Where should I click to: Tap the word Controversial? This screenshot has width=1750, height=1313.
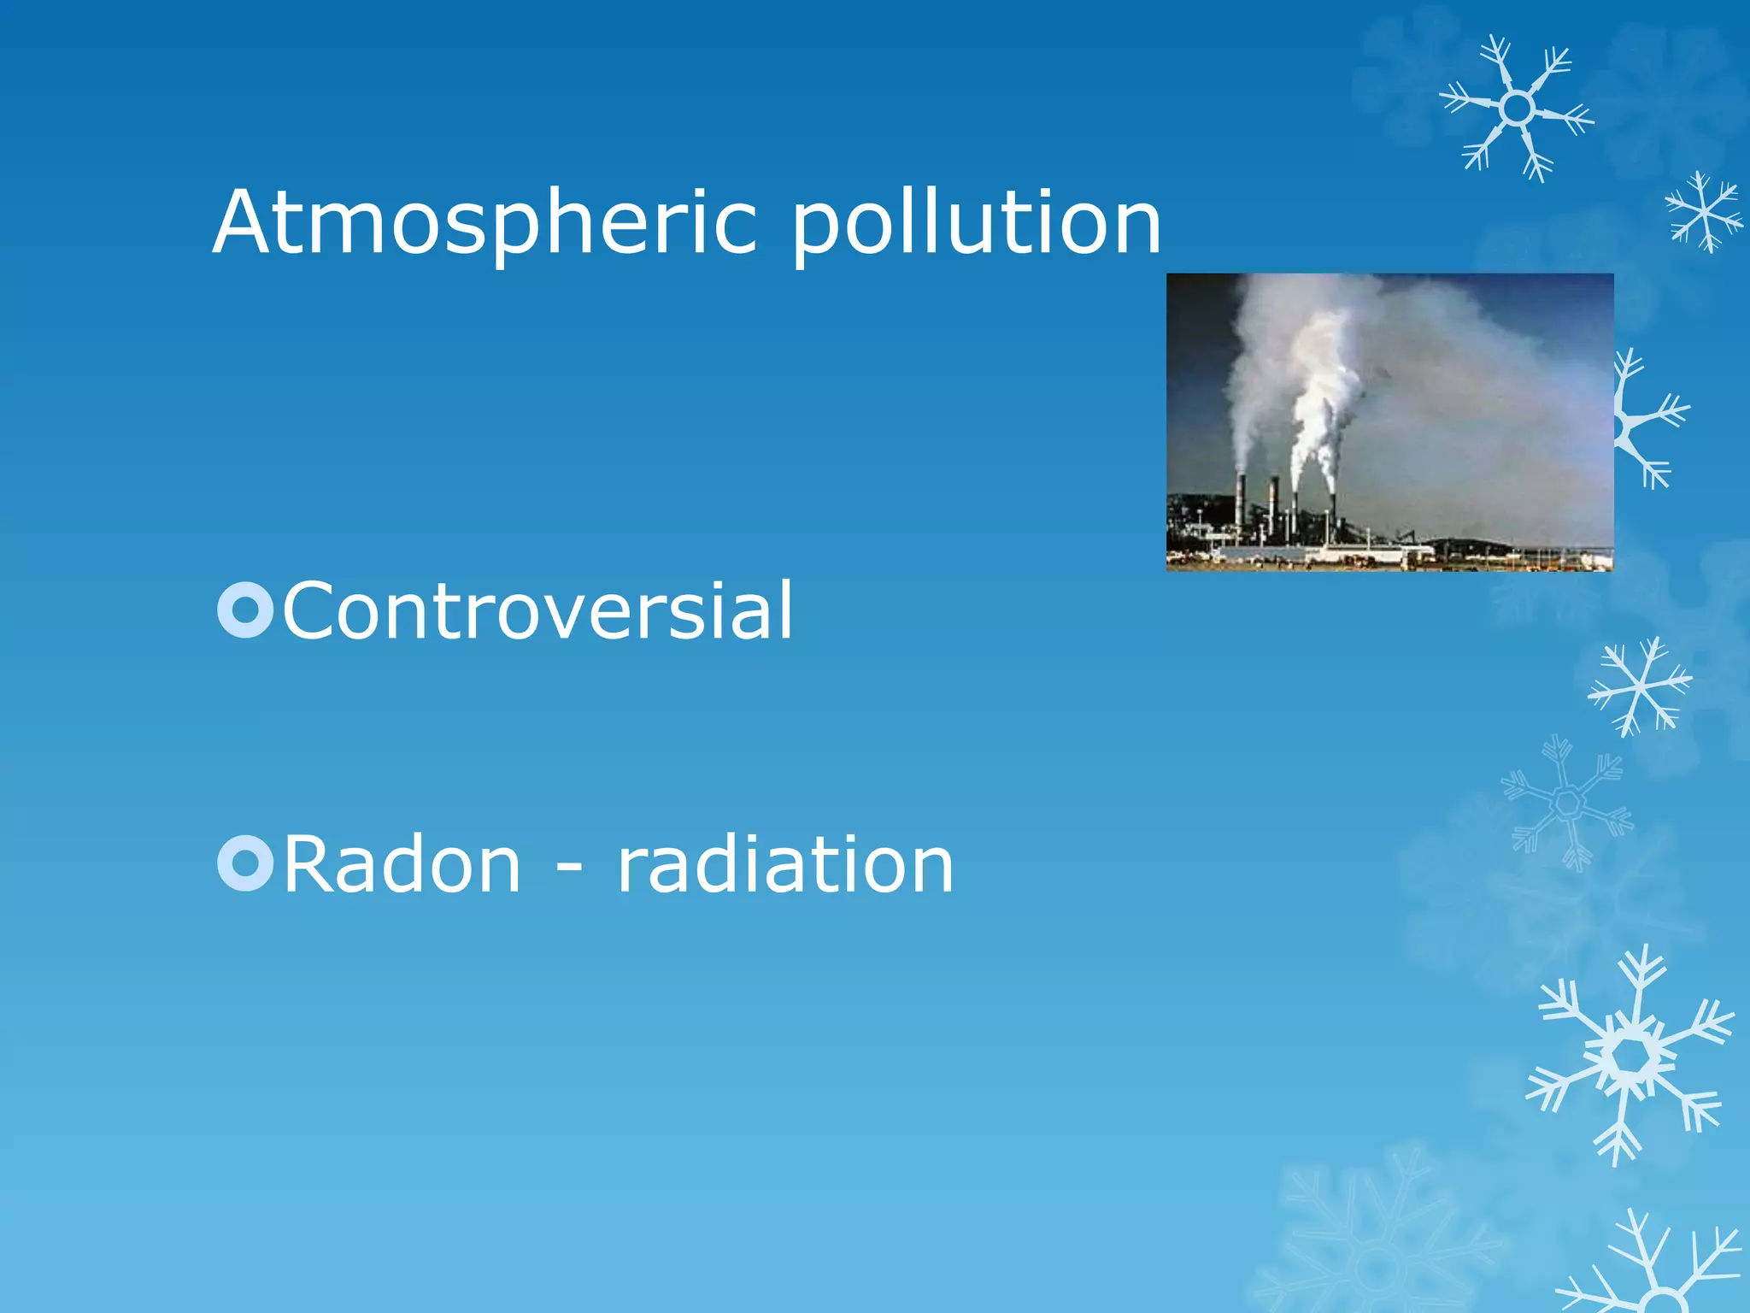[x=537, y=610]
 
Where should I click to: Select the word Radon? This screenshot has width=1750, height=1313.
[x=402, y=865]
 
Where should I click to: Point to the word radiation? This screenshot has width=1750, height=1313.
[x=784, y=865]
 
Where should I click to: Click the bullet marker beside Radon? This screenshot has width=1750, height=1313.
[x=245, y=864]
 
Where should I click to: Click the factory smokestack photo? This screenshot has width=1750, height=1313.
[x=1389, y=421]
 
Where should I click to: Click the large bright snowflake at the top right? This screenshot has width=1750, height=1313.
[x=1517, y=109]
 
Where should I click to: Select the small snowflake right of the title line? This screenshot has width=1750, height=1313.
[x=1703, y=211]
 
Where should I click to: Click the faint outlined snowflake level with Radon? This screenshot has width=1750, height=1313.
[x=1568, y=804]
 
